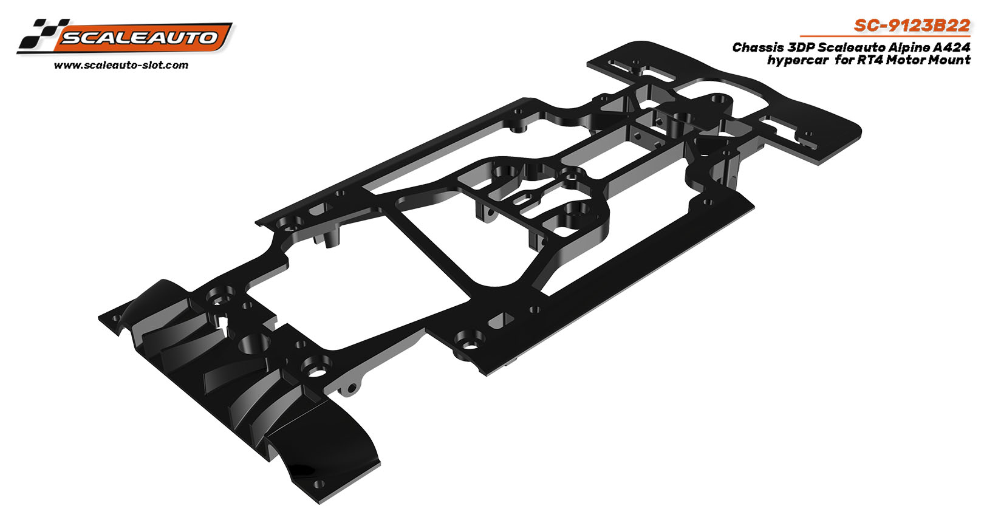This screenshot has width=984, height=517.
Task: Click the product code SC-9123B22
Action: [912, 26]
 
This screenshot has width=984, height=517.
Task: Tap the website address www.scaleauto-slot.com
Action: [121, 66]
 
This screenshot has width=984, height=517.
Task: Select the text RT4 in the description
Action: [870, 60]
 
